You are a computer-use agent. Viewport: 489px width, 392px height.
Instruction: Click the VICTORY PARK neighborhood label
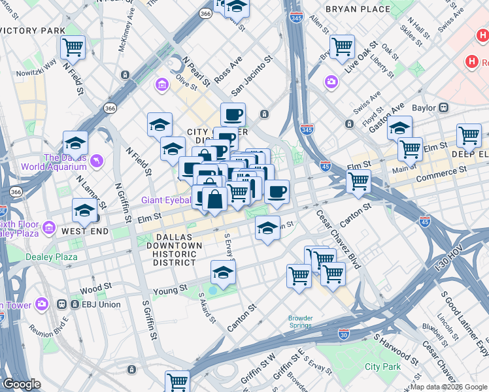pyautogui.click(x=33, y=31)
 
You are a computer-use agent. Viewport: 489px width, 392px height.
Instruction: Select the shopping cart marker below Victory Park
pyautogui.click(x=73, y=47)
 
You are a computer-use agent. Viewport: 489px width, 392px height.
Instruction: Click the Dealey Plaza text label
pyautogui.click(x=51, y=257)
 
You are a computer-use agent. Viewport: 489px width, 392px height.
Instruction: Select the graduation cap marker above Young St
pyautogui.click(x=223, y=272)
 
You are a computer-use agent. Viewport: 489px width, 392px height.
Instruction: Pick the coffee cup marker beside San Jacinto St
pyautogui.click(x=233, y=115)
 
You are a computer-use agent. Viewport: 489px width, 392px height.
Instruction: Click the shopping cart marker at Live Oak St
pyautogui.click(x=342, y=46)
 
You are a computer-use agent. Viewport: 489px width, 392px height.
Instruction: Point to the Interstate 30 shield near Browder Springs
pyautogui.click(x=344, y=334)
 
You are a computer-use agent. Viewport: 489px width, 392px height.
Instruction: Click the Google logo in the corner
pyautogui.click(x=22, y=384)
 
